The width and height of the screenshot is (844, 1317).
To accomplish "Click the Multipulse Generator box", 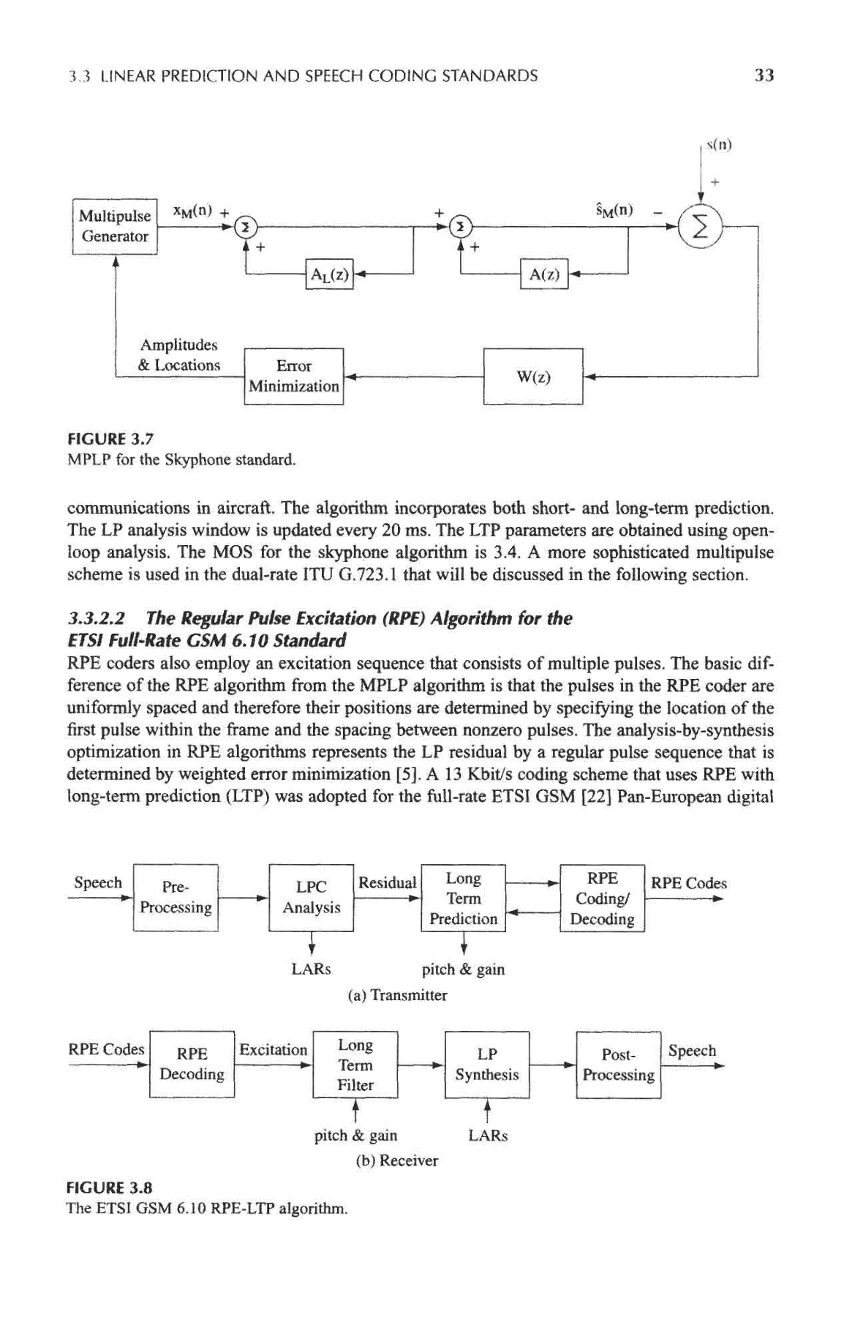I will point(115,226).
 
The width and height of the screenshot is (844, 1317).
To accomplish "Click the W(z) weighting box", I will point(533,377).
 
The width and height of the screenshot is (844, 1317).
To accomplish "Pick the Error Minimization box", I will point(294,376).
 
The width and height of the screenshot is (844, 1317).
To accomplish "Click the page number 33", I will point(764,75).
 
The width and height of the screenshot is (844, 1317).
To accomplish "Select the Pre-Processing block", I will point(176,897).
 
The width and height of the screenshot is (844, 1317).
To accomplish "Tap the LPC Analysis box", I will point(312,897).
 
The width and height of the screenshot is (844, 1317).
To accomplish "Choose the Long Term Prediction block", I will point(464,898).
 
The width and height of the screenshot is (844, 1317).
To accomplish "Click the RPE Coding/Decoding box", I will point(602,898).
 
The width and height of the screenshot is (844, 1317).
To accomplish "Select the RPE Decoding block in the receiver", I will point(192,1064).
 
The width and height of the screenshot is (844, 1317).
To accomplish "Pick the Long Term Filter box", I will point(355,1065).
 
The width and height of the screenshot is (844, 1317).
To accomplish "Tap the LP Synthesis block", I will point(487,1065).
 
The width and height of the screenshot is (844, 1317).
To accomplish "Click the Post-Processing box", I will point(619,1065).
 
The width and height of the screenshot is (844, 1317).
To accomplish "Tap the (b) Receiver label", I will point(396,1160).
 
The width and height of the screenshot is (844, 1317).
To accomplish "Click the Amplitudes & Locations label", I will point(179,355).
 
